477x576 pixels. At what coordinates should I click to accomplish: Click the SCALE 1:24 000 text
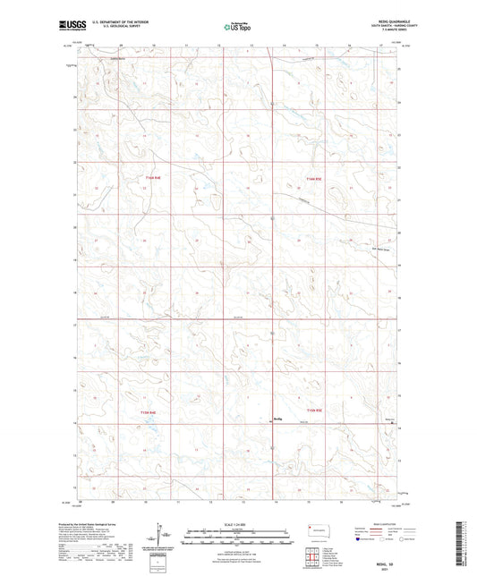coord(237,523)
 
